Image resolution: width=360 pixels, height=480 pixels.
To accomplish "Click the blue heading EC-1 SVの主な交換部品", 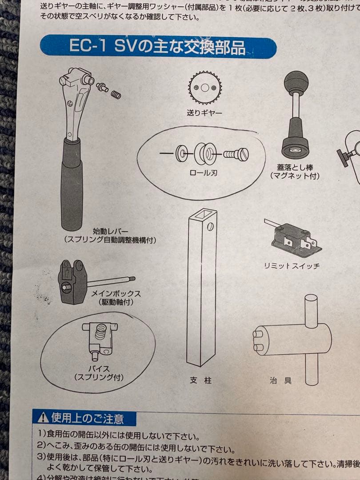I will pos(157,47).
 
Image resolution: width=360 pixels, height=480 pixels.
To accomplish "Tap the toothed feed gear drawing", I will pos(205,88).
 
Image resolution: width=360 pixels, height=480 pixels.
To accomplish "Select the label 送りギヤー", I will pos(204,113).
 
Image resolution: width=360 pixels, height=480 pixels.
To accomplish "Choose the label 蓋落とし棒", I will pos(295,168).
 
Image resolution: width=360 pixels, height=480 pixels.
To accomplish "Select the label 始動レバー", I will pos(110,232).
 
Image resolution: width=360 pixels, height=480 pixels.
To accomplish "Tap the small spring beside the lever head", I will pos(116,94).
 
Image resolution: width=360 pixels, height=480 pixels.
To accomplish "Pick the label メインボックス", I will pos(116,294).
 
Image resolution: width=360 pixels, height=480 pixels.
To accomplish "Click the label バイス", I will pos(98,369).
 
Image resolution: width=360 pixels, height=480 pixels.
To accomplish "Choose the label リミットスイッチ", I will pos(292,266).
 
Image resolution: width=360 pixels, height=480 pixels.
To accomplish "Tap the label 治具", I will pos(280,380).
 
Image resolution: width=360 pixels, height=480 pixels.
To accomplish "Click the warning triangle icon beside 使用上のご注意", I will pos(43,417).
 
